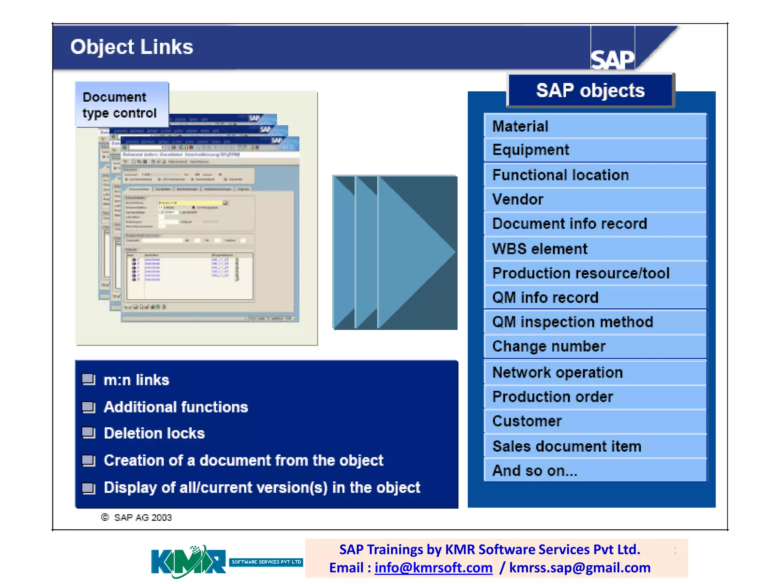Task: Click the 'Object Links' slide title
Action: (132, 47)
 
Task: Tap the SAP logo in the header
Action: (612, 59)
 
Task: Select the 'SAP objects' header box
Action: (590, 90)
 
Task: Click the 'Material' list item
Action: (595, 126)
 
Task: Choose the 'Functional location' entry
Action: (595, 175)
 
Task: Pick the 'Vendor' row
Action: (595, 199)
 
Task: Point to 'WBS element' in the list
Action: (595, 249)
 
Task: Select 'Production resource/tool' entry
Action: (595, 273)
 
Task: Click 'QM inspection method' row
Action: (595, 322)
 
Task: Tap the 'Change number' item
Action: (595, 346)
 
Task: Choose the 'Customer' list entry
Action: (595, 421)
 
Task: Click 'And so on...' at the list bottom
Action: (595, 471)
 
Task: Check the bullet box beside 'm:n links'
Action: (88, 379)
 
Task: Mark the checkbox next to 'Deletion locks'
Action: (88, 433)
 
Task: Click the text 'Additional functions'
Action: (176, 407)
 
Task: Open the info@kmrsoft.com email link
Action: (433, 568)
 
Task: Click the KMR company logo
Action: (188, 562)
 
